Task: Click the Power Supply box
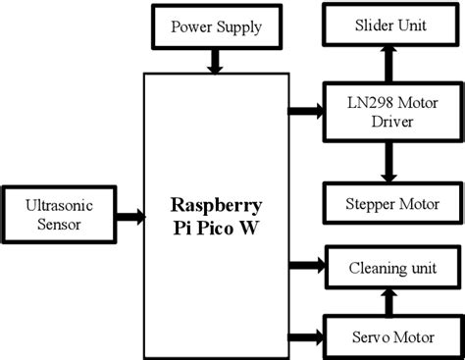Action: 217,26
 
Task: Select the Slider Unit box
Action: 389,26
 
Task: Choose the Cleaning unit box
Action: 389,267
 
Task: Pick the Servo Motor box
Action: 389,337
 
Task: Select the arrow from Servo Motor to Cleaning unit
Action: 389,302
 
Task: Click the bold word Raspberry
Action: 216,207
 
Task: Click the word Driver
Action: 389,123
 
